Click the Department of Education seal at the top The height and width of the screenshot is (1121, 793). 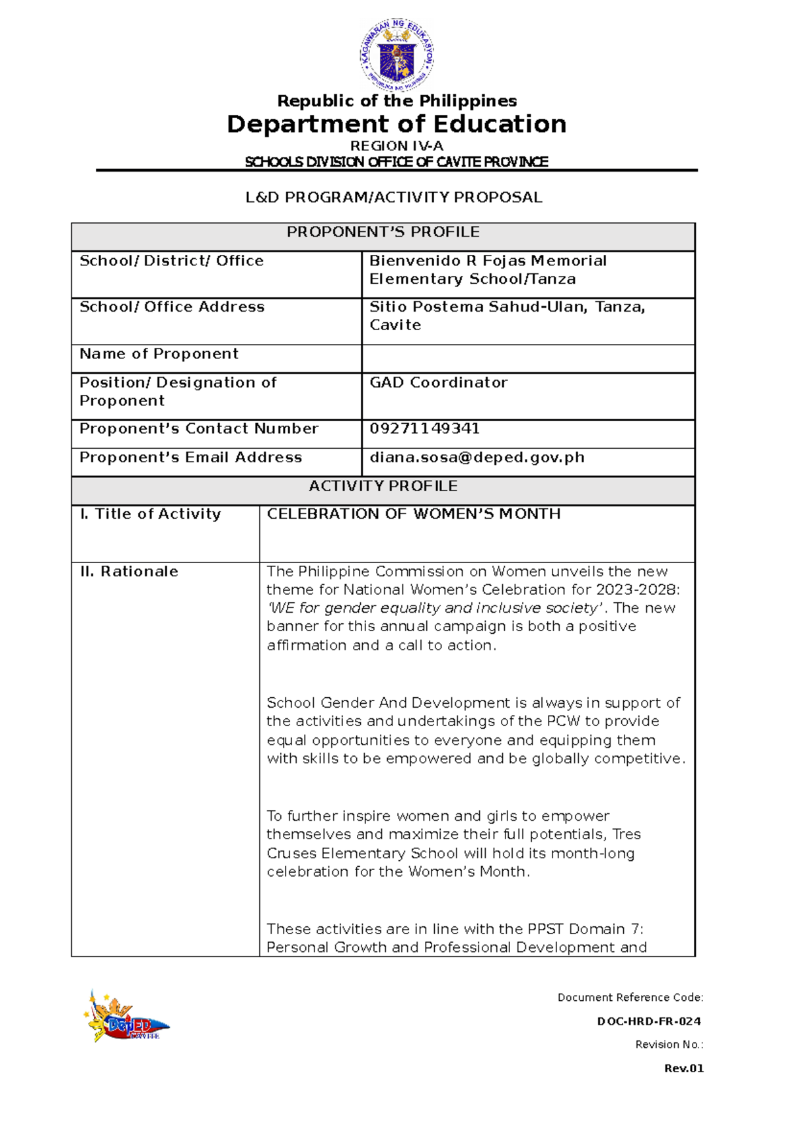coord(397,54)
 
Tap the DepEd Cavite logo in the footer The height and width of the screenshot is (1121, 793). coord(126,1017)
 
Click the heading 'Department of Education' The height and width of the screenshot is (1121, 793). coord(397,124)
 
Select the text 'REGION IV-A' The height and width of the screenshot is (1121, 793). coord(397,146)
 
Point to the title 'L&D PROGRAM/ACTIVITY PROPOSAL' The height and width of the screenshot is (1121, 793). coord(394,197)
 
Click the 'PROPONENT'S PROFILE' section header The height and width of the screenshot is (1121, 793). coord(383,232)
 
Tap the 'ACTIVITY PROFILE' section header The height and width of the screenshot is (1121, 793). coord(383,487)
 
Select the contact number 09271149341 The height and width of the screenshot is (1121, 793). coord(424,429)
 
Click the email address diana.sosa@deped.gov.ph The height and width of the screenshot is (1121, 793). coord(476,458)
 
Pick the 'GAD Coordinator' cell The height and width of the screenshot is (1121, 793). coord(438,383)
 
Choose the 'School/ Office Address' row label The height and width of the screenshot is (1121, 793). coord(172,307)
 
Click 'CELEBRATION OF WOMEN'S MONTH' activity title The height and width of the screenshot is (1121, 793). coord(414,514)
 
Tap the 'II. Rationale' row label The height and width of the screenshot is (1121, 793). coord(129,572)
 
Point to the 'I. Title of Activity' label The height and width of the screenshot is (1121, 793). coord(150,514)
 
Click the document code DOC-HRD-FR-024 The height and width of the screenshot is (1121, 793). coord(649,1021)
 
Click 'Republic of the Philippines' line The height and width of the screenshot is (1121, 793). coord(397,101)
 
